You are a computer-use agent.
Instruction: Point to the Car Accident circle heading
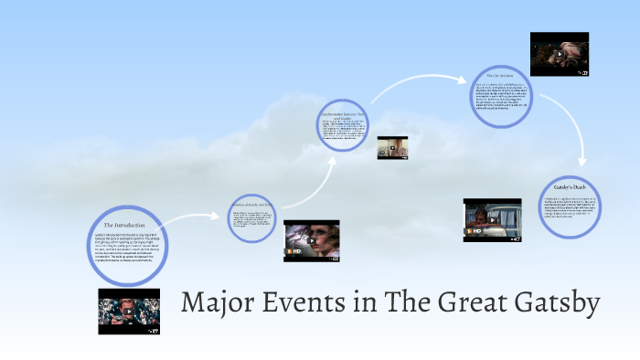click(502, 75)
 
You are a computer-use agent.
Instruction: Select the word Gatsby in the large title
click(552, 302)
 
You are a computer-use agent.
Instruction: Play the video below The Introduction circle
click(128, 312)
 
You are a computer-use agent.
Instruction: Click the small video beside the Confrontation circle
click(391, 147)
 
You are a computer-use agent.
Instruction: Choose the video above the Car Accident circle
click(559, 54)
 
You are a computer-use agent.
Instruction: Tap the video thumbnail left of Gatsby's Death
click(492, 220)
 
